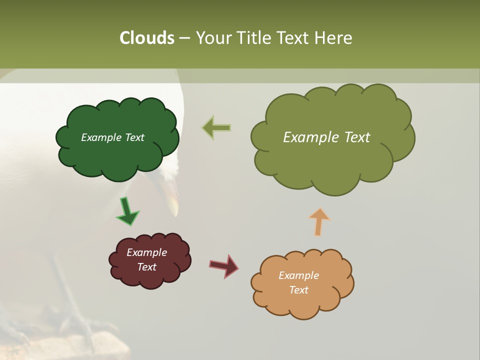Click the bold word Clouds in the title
pyautogui.click(x=147, y=38)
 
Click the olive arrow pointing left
pyautogui.click(x=216, y=128)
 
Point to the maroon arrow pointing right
pyautogui.click(x=224, y=265)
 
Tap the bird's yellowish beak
pyautogui.click(x=173, y=202)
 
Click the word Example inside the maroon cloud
pyautogui.click(x=146, y=252)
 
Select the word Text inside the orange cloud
pyautogui.click(x=298, y=290)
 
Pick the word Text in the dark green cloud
pyautogui.click(x=134, y=137)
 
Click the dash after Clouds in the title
pyautogui.click(x=184, y=38)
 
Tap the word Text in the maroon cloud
pyautogui.click(x=146, y=267)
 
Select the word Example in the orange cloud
pyautogui.click(x=298, y=275)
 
